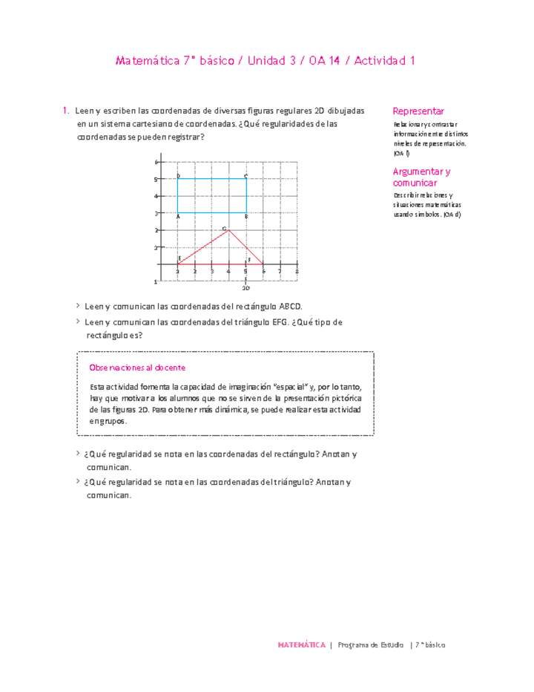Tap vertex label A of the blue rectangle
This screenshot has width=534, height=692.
click(178, 216)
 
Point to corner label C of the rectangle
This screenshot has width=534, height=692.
click(245, 175)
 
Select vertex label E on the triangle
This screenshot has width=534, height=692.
click(179, 258)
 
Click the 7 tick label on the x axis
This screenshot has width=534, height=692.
click(280, 272)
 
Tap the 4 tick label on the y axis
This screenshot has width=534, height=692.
click(156, 196)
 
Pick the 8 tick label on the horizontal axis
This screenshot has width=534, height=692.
click(297, 272)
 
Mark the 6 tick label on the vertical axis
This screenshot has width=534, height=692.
click(156, 162)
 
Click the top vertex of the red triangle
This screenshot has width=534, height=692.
click(229, 230)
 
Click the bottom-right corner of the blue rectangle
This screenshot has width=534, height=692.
click(246, 213)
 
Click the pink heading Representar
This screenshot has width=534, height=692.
click(418, 110)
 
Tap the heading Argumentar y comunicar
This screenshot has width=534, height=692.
click(422, 177)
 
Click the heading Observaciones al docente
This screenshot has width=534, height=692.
click(136, 368)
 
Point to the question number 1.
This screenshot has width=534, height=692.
click(66, 111)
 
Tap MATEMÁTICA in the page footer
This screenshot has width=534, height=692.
click(301, 645)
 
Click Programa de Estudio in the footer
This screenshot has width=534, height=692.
click(370, 645)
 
